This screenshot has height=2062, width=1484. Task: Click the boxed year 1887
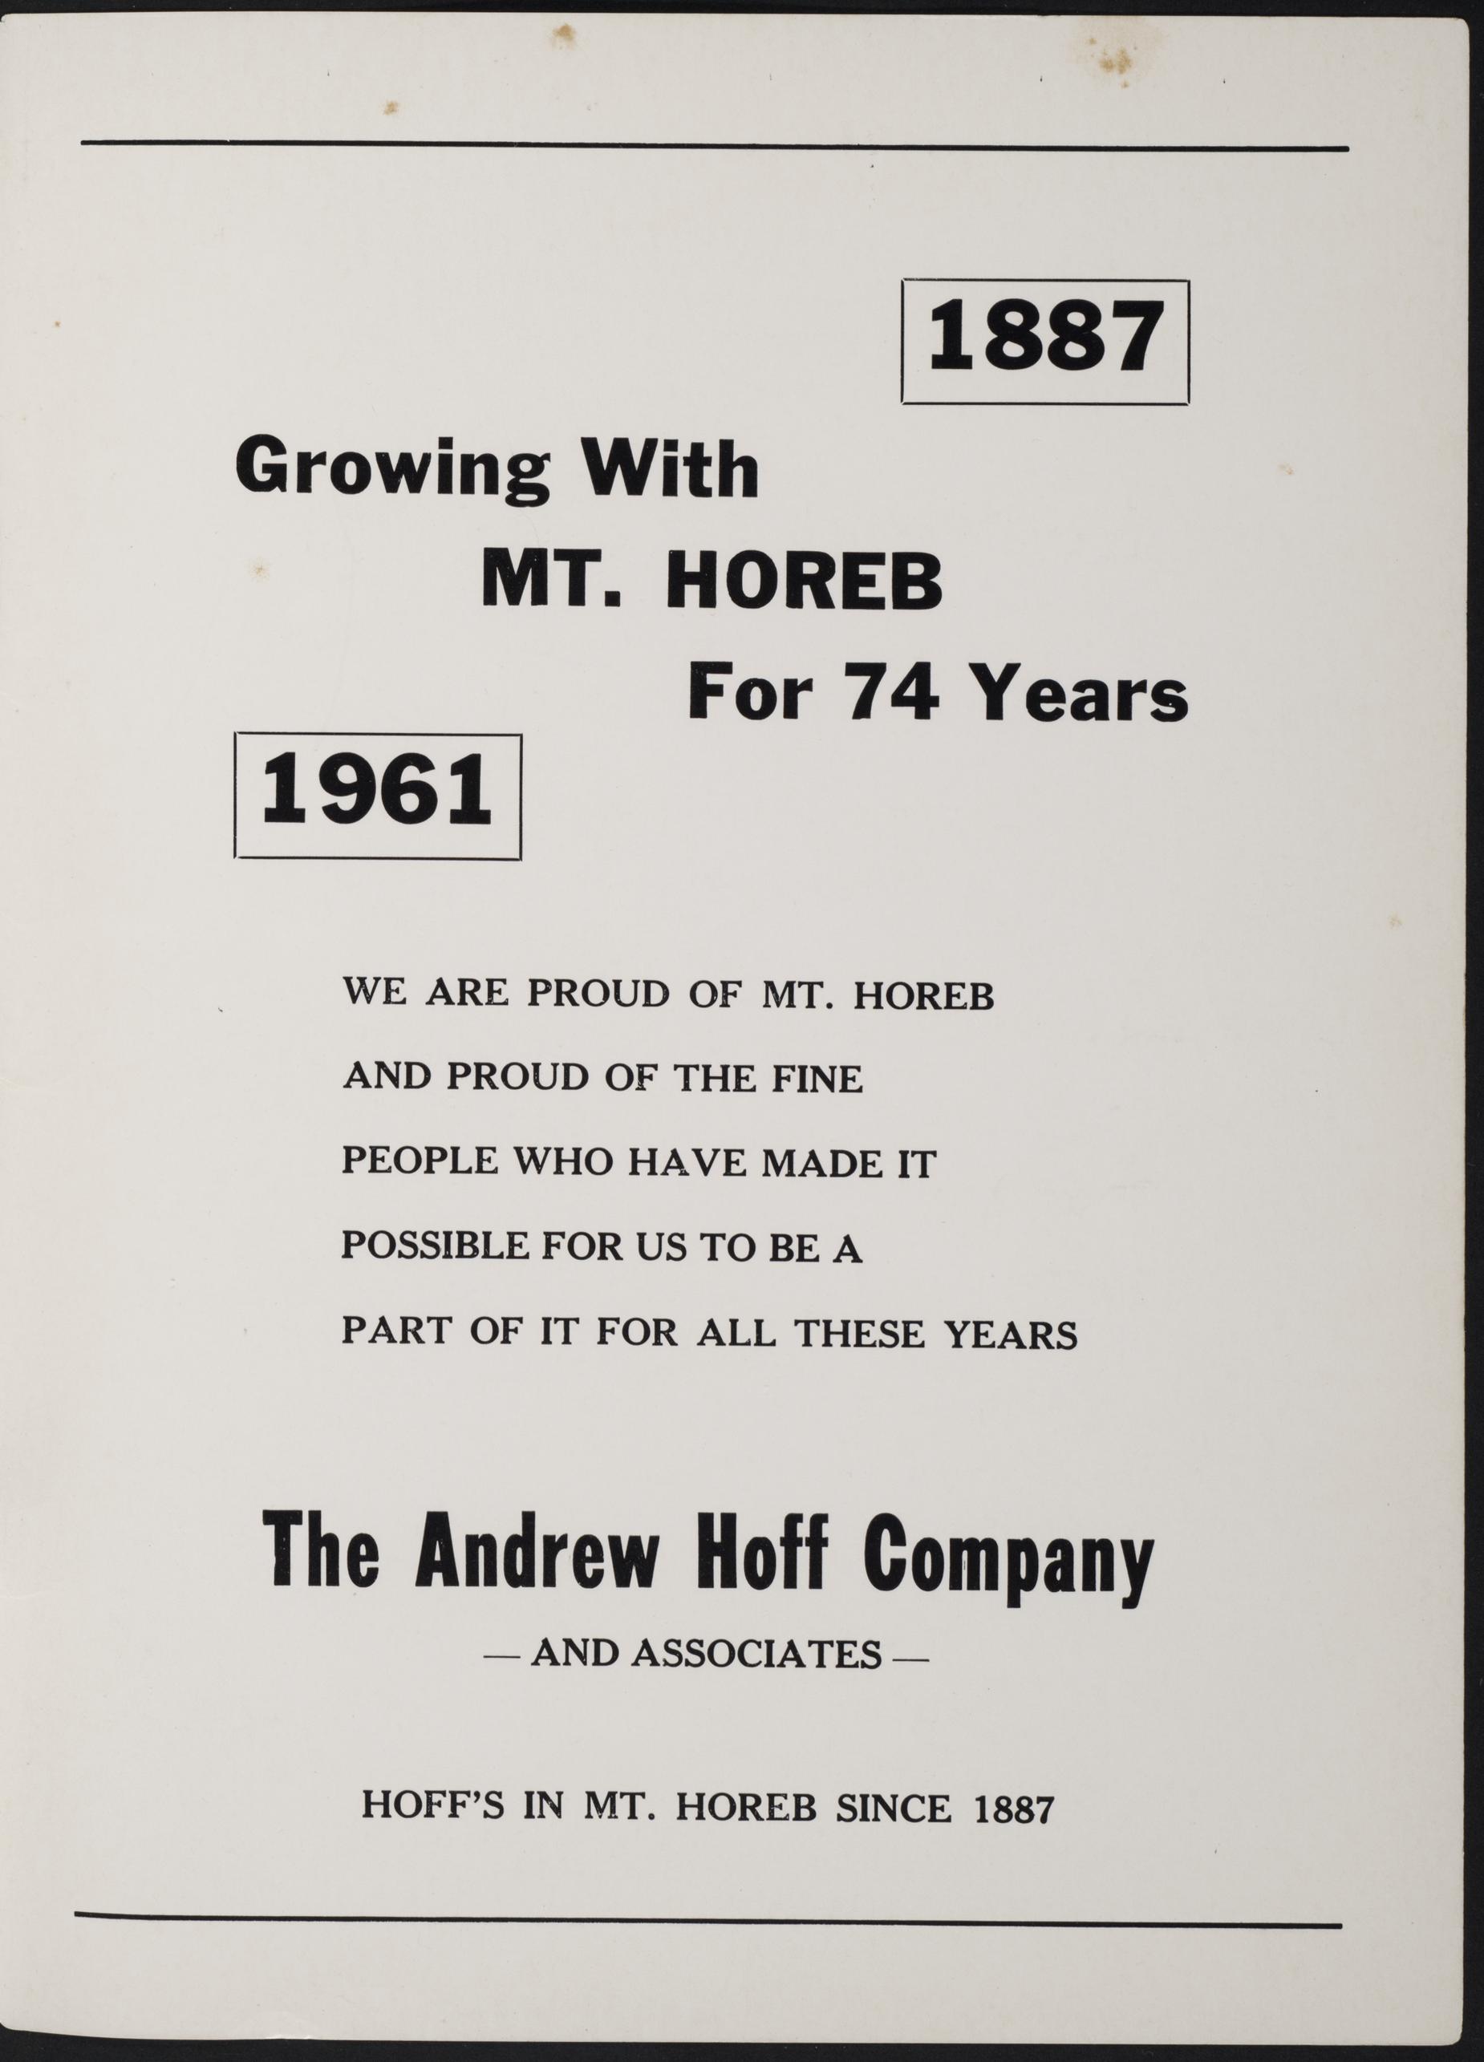click(x=1044, y=341)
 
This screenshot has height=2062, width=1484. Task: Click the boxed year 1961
click(x=377, y=796)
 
